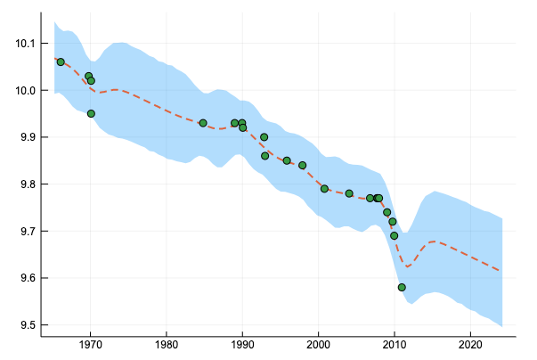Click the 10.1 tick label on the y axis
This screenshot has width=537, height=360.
21,44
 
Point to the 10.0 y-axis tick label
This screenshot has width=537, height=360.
21,91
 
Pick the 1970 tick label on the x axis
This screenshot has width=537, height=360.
90,343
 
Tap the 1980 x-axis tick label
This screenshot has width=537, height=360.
166,343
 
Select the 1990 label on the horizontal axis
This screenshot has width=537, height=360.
241,343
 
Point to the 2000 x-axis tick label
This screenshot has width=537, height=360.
318,343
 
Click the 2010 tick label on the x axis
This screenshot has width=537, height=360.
394,343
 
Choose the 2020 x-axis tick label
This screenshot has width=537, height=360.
469,343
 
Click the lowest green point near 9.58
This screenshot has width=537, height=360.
402,287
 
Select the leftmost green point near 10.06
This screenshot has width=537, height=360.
61,61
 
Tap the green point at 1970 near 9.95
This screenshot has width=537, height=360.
91,113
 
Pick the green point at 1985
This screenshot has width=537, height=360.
203,123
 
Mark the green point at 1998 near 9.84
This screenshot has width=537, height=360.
303,165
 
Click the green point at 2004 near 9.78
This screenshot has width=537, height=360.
349,193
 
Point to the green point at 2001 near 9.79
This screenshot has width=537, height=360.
324,188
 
